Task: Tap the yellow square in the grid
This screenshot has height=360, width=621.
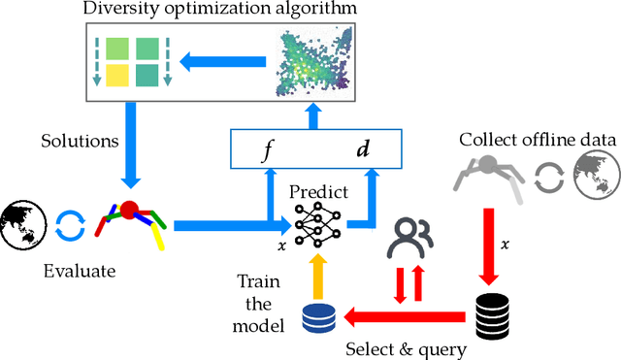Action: (x=117, y=76)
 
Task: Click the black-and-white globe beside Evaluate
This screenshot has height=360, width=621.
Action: (x=22, y=225)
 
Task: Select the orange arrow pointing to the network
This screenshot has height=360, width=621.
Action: (x=319, y=276)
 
